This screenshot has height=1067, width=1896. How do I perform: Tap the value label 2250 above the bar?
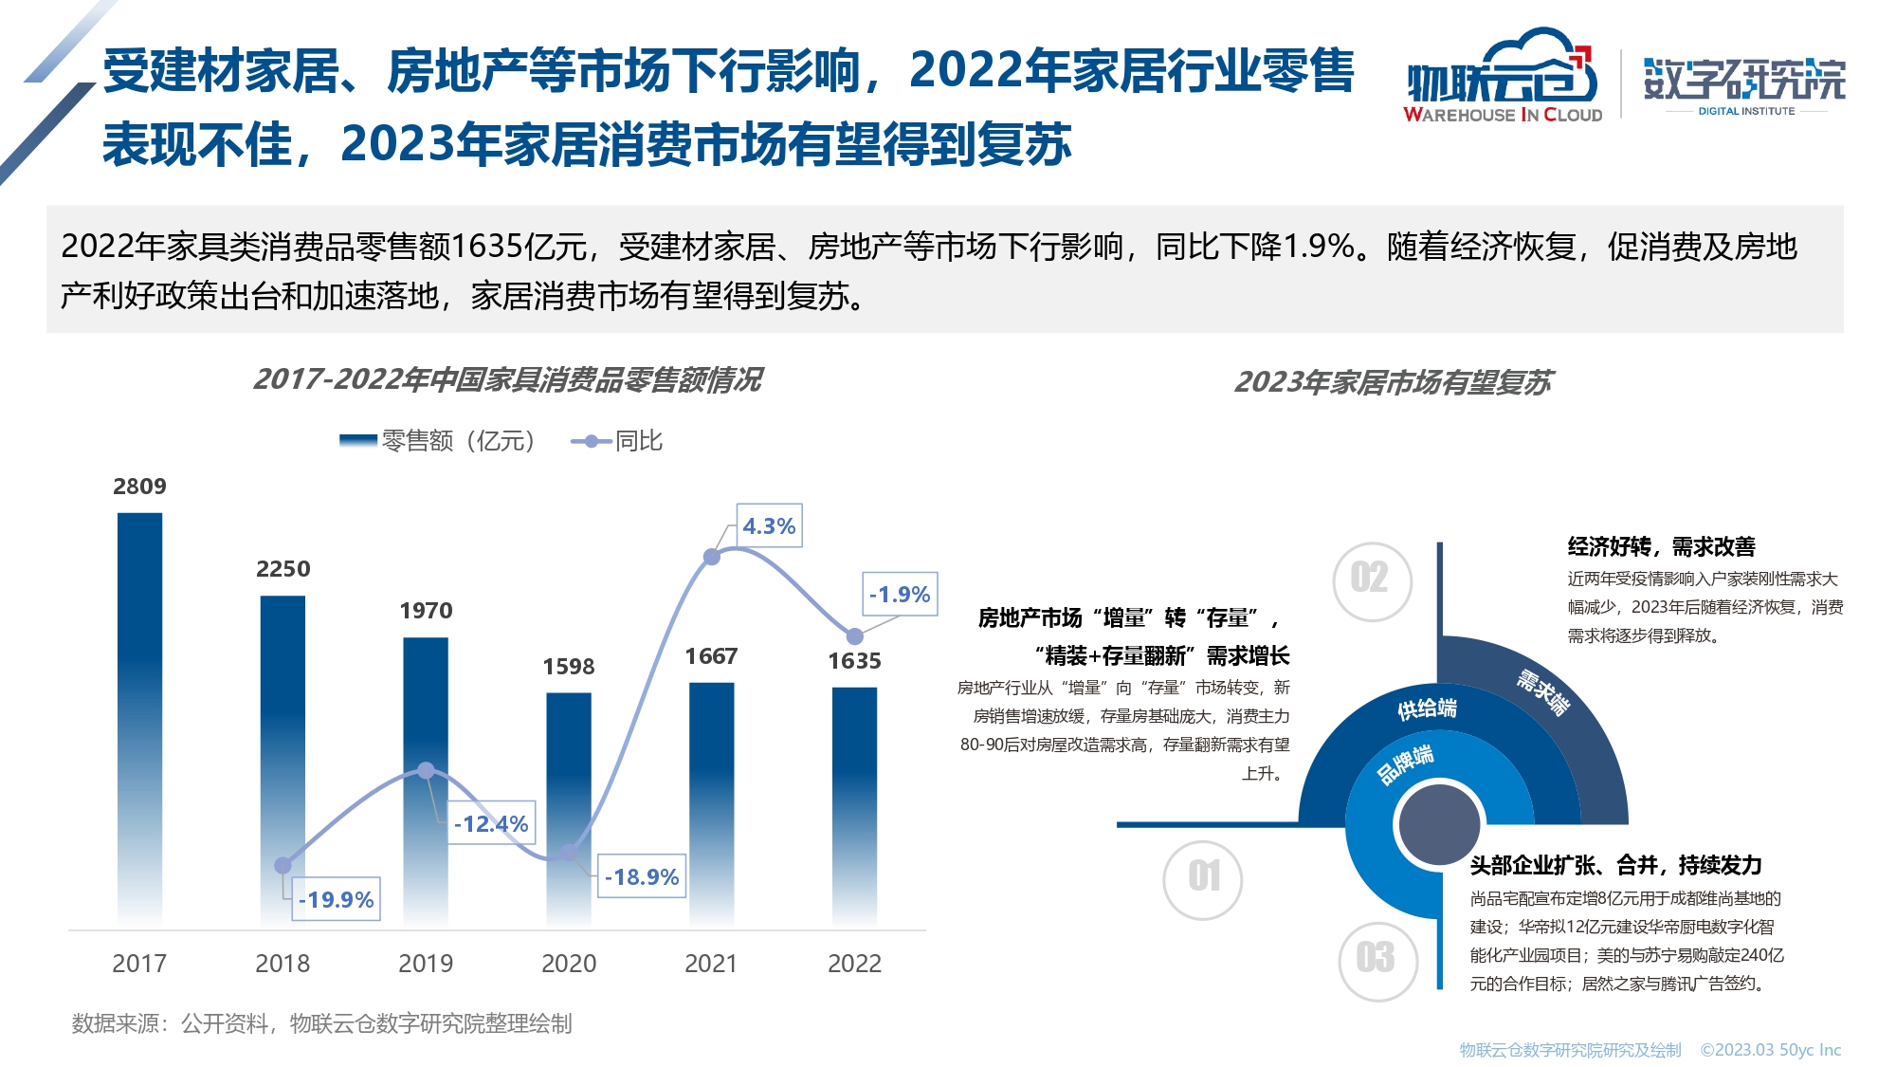coord(283,569)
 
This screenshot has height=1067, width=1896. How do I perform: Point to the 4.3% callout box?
coord(769,526)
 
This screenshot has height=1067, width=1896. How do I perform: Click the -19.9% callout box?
coord(336,899)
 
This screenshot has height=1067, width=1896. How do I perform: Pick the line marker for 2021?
coord(712,557)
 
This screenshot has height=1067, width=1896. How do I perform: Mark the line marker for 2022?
coord(854,636)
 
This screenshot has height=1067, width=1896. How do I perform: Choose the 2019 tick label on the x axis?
coord(426,964)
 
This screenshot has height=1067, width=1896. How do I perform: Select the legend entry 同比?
coord(617,441)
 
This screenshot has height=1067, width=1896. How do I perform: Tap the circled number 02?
coord(1370,579)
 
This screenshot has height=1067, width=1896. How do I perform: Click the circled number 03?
coord(1377,959)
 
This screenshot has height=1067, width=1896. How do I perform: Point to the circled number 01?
coord(1203,877)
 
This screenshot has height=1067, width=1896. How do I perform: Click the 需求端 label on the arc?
coord(1543,692)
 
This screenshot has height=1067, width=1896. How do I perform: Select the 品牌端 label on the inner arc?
coord(1406,763)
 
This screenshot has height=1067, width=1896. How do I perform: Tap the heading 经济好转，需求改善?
coord(1661,546)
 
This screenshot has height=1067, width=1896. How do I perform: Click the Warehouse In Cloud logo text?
coord(1503,115)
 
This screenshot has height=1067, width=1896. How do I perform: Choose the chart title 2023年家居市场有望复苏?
coord(1393,382)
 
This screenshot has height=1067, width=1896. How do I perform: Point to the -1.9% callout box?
coord(900,595)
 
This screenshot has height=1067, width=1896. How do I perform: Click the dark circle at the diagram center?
coord(1439,823)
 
